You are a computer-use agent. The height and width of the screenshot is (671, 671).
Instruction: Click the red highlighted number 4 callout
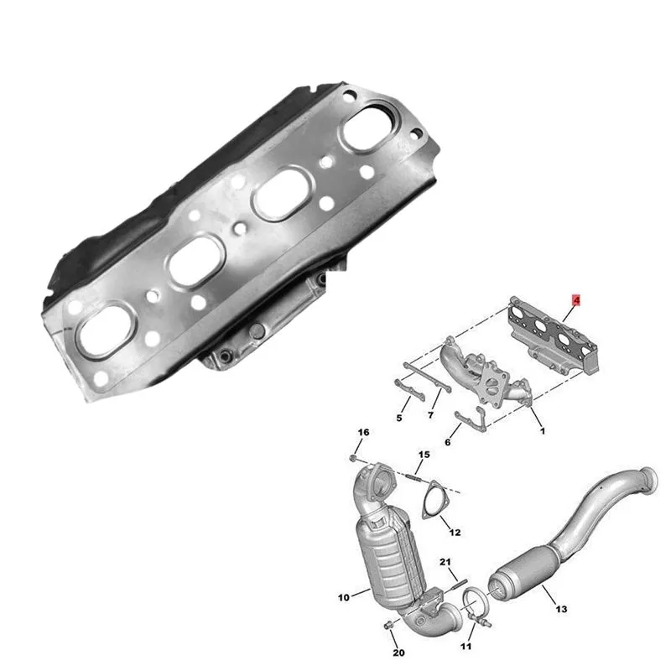(576, 300)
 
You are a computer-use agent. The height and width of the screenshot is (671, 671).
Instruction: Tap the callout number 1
(543, 431)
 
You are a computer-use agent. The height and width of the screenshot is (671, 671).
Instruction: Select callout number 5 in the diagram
(399, 418)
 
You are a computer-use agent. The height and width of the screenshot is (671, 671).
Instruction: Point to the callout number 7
(430, 414)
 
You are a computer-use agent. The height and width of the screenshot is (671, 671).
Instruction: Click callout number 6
(448, 442)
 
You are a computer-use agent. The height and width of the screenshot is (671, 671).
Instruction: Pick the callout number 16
(363, 432)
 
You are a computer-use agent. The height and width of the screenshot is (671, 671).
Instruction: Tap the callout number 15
(424, 454)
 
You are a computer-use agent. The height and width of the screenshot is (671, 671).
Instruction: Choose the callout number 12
(455, 532)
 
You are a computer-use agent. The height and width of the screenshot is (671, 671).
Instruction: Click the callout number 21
(445, 561)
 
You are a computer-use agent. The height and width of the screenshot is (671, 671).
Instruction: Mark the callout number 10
(344, 597)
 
